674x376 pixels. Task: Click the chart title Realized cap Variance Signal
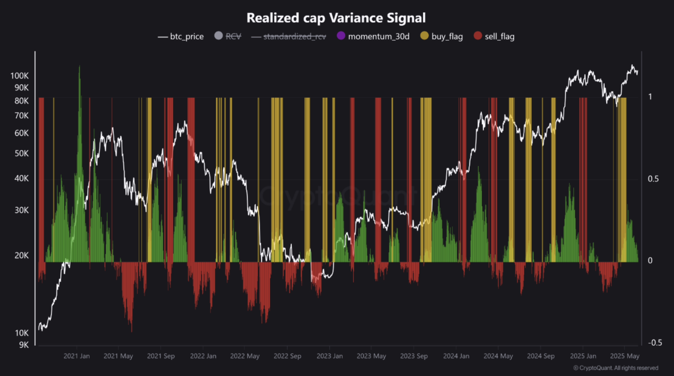336,18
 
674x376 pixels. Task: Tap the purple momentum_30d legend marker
341,36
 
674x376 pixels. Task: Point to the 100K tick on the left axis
19,76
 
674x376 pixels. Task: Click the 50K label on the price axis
21,154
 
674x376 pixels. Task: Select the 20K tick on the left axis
21,256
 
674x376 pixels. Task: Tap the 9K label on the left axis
24,345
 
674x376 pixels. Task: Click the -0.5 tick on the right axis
655,343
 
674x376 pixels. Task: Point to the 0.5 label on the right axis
653,179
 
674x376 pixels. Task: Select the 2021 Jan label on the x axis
77,356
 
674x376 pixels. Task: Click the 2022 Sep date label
287,356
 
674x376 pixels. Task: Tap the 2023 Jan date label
330,356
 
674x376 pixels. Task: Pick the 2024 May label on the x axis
498,356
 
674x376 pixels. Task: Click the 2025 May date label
624,356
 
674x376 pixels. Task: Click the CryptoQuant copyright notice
616,368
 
